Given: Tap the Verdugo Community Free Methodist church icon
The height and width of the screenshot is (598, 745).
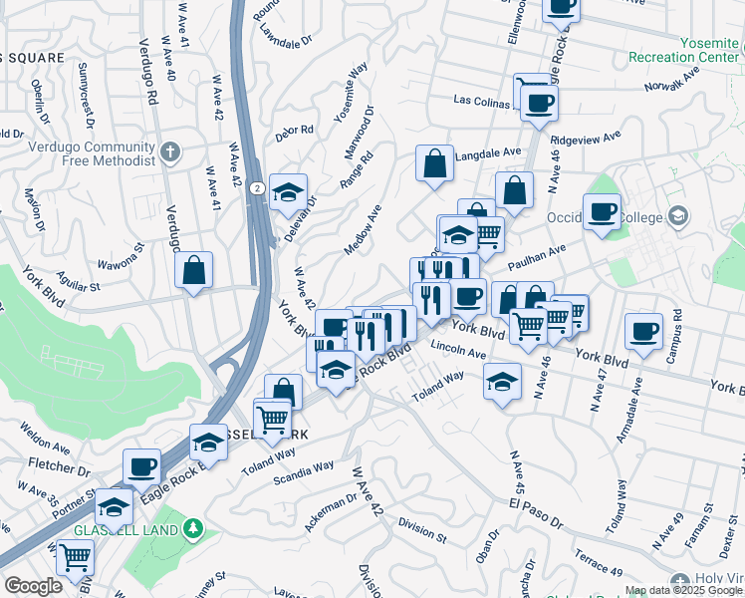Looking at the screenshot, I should click(x=170, y=152).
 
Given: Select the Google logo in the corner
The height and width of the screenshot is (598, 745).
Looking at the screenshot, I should click(x=33, y=586).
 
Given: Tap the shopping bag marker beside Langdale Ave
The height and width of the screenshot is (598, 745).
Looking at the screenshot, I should click(x=435, y=163).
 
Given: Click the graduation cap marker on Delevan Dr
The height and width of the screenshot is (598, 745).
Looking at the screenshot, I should click(x=288, y=191).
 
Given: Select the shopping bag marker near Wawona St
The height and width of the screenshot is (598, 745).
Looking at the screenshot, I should click(x=194, y=269).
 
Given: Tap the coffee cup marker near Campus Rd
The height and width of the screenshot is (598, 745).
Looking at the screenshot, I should click(x=643, y=332).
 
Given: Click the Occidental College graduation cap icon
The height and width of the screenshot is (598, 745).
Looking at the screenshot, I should click(x=678, y=216).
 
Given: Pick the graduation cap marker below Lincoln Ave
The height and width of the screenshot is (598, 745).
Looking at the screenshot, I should click(x=502, y=381).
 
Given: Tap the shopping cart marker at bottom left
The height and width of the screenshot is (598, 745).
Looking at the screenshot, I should click(x=75, y=558).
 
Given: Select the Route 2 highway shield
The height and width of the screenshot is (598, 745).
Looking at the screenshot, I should click(x=257, y=188).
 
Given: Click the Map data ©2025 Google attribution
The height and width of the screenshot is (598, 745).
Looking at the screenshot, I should click(x=683, y=590).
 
